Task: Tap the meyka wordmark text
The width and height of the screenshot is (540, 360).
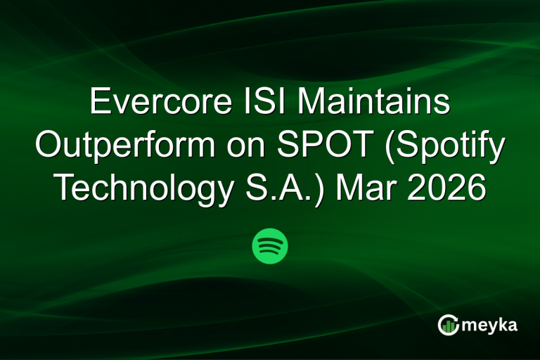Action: click(x=489, y=325)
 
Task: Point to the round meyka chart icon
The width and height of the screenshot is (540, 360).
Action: click(x=449, y=325)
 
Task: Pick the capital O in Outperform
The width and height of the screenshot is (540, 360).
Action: click(x=49, y=146)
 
